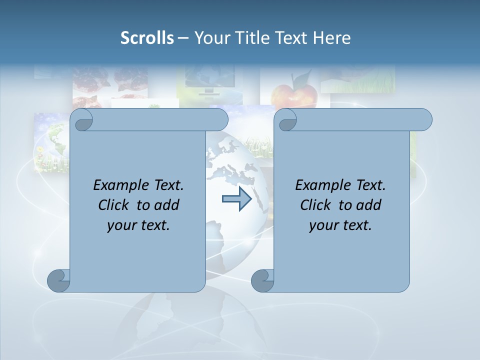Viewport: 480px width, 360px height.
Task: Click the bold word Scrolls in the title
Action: pyautogui.click(x=147, y=38)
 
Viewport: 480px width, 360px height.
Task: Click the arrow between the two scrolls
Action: pyautogui.click(x=236, y=199)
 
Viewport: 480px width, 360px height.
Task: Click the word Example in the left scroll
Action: pyautogui.click(x=119, y=185)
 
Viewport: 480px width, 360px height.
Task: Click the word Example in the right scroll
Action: pyautogui.click(x=321, y=185)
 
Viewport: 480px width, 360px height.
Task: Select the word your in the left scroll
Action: pyautogui.click(x=121, y=225)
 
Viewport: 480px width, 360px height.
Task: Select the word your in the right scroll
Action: pyautogui.click(x=323, y=225)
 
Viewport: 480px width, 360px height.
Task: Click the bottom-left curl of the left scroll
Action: pyautogui.click(x=58, y=280)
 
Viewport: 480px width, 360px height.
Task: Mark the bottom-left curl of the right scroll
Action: pyautogui.click(x=262, y=280)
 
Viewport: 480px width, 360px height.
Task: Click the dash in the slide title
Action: pyautogui.click(x=182, y=38)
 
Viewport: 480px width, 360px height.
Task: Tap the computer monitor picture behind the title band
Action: pyautogui.click(x=208, y=80)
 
